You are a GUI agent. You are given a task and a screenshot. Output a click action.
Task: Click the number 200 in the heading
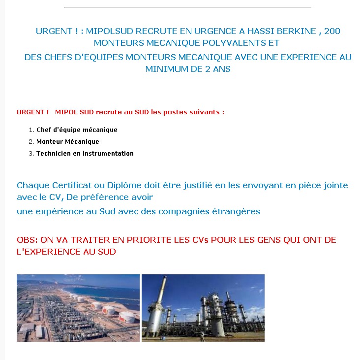[332, 31]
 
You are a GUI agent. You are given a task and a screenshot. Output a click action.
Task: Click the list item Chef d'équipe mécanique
[77, 130]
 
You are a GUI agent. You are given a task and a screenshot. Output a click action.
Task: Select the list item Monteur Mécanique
[68, 142]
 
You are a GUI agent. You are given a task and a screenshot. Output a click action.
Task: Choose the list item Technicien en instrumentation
[85, 154]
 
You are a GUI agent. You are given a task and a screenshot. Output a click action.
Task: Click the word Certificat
[65, 186]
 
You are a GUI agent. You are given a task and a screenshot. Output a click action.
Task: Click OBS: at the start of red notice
[27, 240]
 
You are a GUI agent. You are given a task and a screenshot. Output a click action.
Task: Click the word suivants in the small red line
[208, 112]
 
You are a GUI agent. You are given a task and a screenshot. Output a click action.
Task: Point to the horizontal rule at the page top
[187, 7]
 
